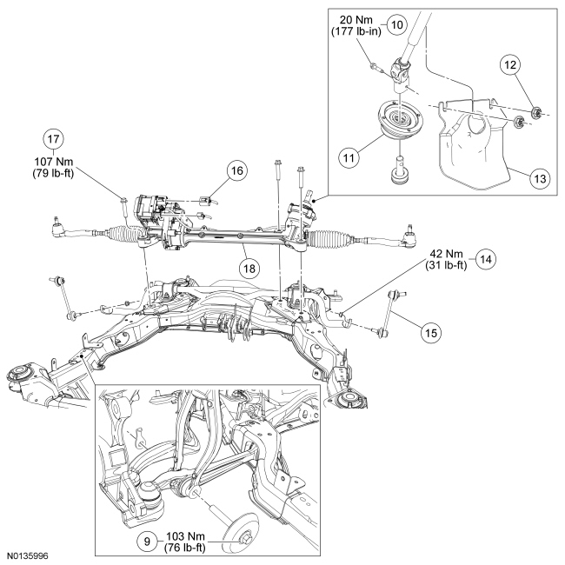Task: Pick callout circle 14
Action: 485,258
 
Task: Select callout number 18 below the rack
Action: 249,269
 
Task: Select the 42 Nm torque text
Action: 443,254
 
